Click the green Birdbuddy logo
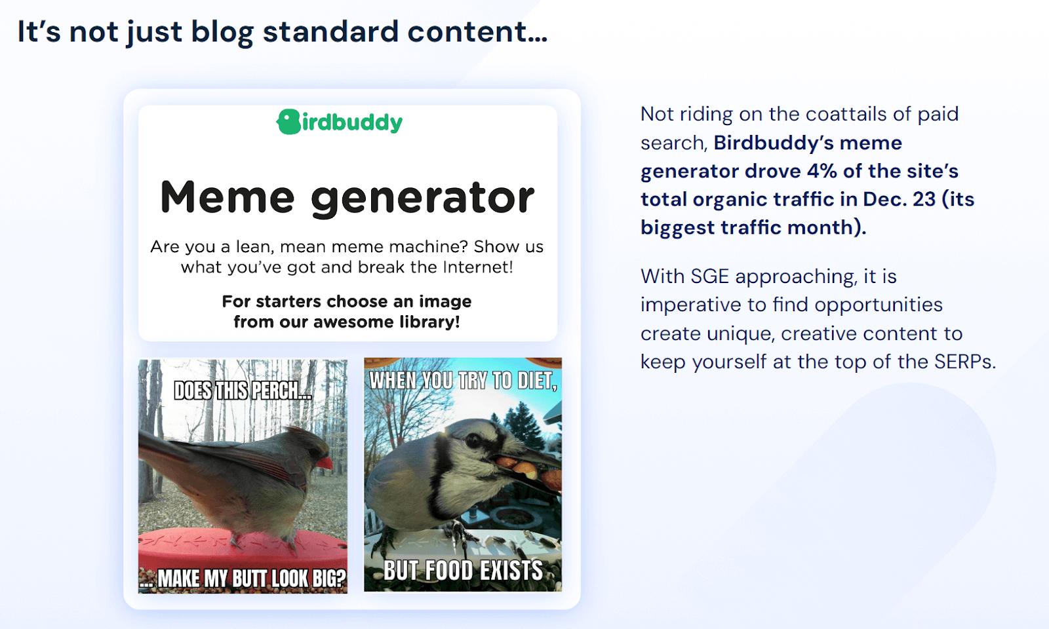click(340, 122)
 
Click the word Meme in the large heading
click(227, 197)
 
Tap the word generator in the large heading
click(422, 199)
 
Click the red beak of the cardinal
click(325, 463)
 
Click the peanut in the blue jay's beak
click(524, 466)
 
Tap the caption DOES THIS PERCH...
click(243, 391)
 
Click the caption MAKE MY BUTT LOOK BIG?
click(251, 579)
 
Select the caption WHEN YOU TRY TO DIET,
click(463, 381)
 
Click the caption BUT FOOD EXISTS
click(463, 571)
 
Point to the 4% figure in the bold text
click(821, 171)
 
